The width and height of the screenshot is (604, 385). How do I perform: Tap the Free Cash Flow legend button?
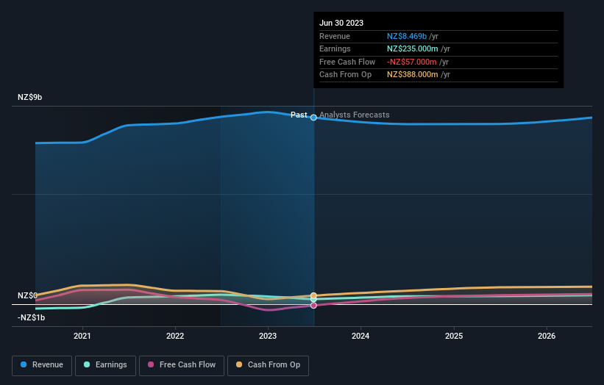point(180,364)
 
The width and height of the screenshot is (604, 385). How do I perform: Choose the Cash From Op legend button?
point(268,364)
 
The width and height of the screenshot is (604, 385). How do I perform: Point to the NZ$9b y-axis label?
point(30,97)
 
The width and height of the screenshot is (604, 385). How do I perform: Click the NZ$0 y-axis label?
point(27,295)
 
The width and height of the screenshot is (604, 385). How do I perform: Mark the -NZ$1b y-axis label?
point(32,317)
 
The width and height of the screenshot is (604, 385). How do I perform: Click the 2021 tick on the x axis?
point(82,336)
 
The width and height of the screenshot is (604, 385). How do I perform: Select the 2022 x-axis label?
point(175,336)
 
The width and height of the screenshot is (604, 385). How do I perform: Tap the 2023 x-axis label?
point(268,336)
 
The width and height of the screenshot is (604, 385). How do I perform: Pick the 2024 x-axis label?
point(360,336)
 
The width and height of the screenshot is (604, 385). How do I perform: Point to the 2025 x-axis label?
point(454,336)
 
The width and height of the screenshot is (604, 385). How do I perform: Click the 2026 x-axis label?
point(547,336)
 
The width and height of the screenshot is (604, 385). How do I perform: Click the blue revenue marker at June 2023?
point(314,118)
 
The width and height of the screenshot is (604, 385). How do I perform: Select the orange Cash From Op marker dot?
point(314,296)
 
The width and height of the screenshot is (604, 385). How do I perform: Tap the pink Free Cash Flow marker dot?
point(314,305)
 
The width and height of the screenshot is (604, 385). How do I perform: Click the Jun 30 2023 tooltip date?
point(341,24)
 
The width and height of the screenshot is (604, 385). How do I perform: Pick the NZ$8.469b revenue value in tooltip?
point(413,36)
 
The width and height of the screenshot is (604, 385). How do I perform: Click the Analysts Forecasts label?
point(354,115)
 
